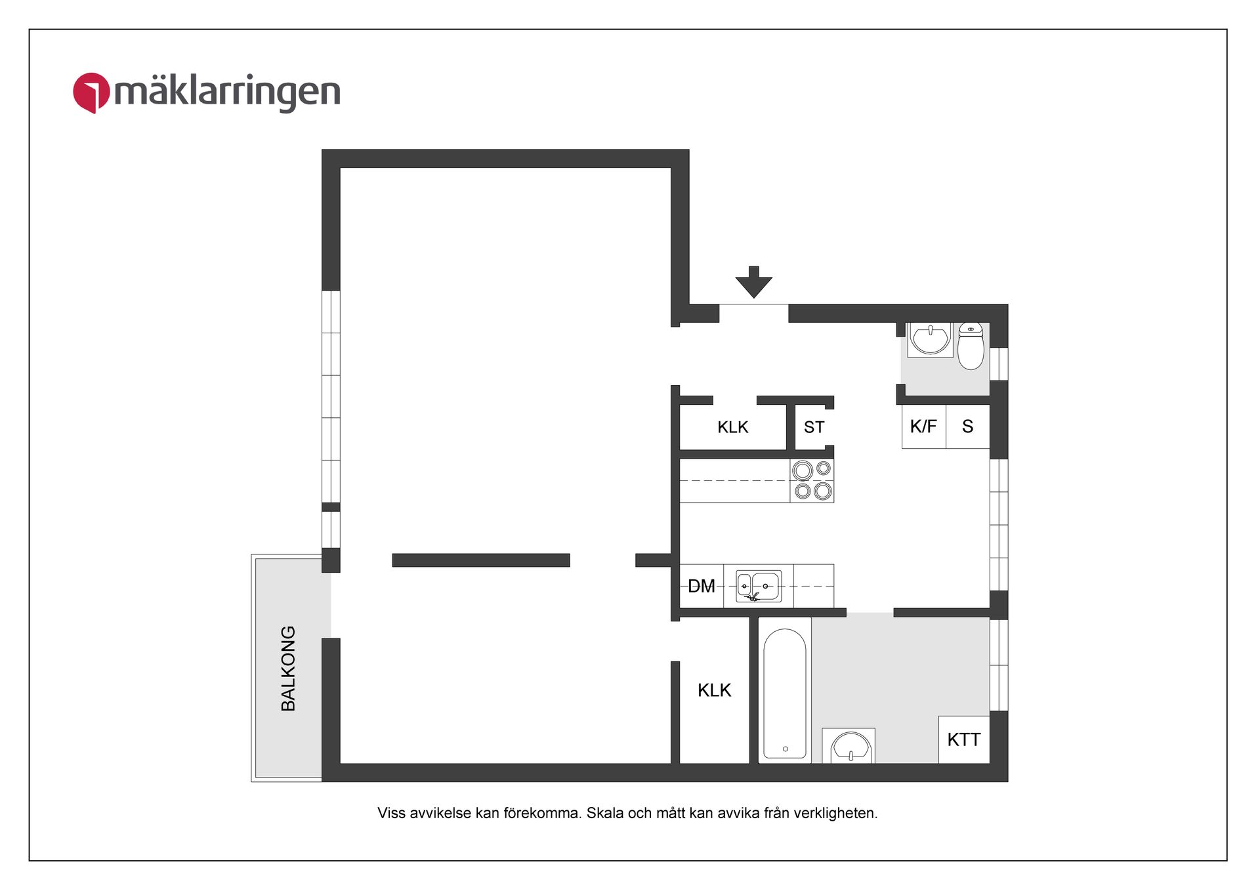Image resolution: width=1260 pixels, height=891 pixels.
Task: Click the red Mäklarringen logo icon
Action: (91, 93)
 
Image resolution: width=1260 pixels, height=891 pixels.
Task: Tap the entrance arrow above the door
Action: (753, 282)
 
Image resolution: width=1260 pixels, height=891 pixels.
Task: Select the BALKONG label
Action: (288, 668)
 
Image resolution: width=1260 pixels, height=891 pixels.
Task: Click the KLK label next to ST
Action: (732, 427)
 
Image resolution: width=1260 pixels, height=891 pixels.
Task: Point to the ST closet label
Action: (814, 427)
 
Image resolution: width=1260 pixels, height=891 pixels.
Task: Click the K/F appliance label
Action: (923, 426)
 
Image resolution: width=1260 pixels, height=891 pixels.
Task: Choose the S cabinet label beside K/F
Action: (967, 426)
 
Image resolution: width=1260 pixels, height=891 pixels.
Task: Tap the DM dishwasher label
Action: (701, 586)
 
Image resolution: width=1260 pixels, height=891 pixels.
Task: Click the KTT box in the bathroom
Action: (963, 739)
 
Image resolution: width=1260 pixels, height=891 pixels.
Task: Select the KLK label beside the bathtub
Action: (714, 690)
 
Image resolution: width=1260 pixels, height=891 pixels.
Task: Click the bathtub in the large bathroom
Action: (785, 693)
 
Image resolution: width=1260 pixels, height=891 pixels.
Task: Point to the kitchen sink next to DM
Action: (759, 585)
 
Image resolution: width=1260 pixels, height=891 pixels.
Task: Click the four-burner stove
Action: (812, 480)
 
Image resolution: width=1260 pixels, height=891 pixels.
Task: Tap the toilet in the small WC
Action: (971, 346)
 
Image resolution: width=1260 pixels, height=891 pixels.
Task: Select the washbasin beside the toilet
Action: (930, 339)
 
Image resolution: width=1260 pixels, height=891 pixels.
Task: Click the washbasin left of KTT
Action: (850, 747)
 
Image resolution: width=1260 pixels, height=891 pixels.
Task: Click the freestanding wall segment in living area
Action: (480, 560)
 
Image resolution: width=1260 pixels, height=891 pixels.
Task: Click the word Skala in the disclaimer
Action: (604, 813)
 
